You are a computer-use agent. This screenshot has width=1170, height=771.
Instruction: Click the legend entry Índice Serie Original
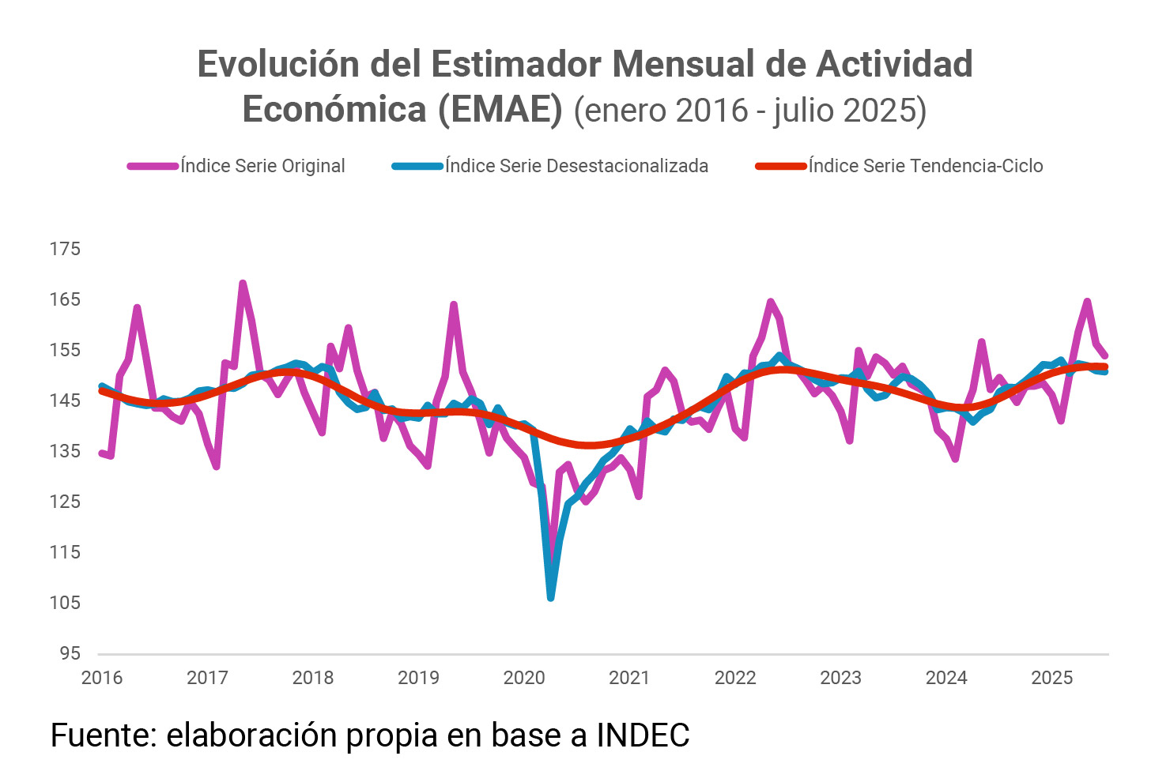coord(262,166)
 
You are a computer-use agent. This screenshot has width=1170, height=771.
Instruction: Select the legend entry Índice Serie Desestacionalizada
coord(576,166)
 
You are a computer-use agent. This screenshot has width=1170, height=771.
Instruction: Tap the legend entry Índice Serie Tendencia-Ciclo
coord(925,166)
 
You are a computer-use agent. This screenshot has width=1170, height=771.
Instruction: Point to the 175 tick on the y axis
coord(65,249)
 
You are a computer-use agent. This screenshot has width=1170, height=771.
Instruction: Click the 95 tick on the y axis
coord(70,653)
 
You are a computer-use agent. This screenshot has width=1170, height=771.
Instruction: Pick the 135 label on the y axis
coord(65,451)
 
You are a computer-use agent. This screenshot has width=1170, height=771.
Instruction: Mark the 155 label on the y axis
coord(65,350)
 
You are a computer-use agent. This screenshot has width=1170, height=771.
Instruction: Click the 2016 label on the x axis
coord(102,678)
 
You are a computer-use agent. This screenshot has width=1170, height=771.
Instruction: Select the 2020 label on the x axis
coord(524,678)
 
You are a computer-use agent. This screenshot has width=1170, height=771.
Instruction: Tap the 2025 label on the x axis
coord(1052,678)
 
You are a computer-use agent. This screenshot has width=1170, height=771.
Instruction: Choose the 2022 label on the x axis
coord(735,678)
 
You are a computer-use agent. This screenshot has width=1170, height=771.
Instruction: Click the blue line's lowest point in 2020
coord(550,598)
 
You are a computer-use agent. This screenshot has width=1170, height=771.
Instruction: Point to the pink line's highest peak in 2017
coord(243,283)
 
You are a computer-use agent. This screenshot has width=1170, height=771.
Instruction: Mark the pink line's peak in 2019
coord(454,304)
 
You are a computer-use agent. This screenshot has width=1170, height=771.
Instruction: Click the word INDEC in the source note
coord(643,735)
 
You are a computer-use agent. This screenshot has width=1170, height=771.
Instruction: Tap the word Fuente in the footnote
coord(103,735)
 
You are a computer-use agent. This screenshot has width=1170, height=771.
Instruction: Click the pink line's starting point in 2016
coord(102,453)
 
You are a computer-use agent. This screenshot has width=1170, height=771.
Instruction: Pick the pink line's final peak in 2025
coord(1088,301)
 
